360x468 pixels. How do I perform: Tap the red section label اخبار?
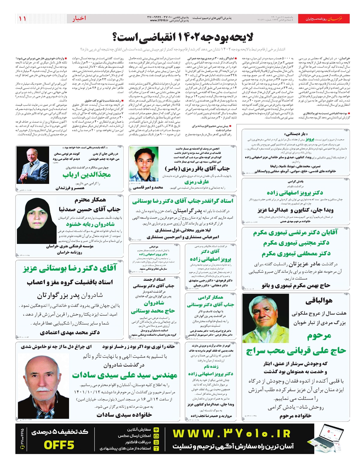79,19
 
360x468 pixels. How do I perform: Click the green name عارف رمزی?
196,182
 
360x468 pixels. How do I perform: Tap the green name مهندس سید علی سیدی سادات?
124,375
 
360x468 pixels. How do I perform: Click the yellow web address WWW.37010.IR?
232,434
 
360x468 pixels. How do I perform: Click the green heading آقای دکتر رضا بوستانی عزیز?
70,268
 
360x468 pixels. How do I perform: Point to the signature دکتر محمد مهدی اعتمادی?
70,333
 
